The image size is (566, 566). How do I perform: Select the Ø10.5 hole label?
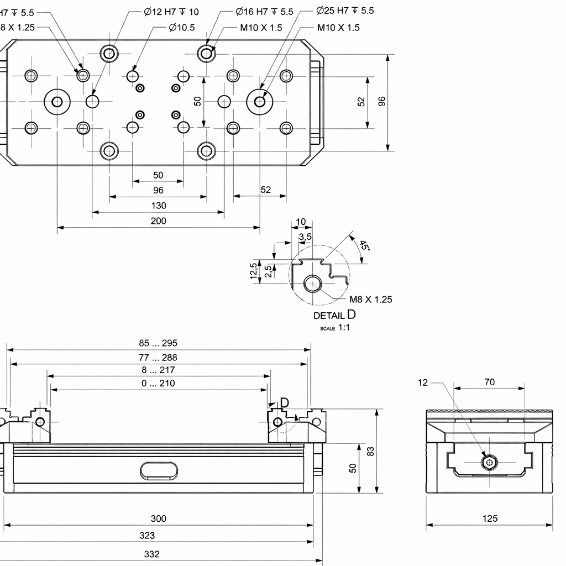point(182,28)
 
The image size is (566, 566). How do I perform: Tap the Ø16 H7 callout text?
point(264,12)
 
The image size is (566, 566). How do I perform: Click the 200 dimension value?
point(158,221)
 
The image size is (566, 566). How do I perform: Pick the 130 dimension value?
point(158,206)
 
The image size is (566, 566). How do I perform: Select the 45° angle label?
point(364,245)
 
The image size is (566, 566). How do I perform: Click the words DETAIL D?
point(334,316)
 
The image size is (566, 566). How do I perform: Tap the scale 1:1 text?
point(335,328)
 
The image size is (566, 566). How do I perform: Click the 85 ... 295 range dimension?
point(158,343)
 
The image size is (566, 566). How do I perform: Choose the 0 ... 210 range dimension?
point(158,383)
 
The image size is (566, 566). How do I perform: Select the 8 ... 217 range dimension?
point(158,370)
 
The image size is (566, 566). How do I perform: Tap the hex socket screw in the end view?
point(489,463)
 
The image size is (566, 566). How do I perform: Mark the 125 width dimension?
point(490,518)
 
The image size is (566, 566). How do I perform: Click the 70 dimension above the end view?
point(489,382)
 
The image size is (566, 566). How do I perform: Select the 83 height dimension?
point(371,451)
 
